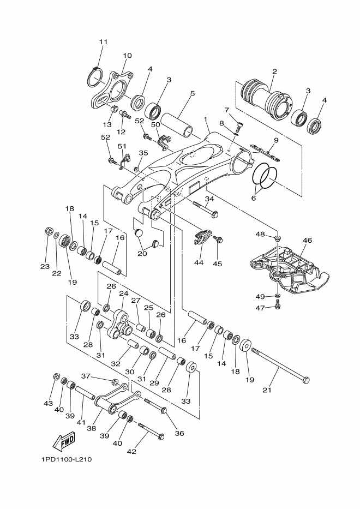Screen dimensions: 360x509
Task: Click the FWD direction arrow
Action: click(x=64, y=441)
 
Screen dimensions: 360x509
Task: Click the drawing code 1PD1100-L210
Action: click(x=67, y=459)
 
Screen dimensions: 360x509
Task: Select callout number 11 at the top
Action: click(x=103, y=42)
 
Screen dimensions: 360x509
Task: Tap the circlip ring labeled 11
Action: click(x=95, y=77)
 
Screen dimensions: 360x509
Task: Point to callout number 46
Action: click(x=307, y=241)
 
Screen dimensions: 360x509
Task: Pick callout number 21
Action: click(x=267, y=390)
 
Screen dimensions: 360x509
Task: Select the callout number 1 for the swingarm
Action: click(x=206, y=119)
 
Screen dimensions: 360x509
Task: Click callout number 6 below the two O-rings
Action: click(x=254, y=197)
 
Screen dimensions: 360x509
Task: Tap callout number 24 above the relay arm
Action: click(x=123, y=294)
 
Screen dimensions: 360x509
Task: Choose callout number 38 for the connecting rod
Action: click(x=92, y=428)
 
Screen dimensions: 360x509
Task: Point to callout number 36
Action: click(x=179, y=433)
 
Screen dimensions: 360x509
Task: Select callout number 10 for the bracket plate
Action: click(x=127, y=56)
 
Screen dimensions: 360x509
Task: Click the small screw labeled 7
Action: click(x=239, y=125)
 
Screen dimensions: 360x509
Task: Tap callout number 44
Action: click(x=199, y=262)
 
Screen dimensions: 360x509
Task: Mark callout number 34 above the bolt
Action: click(x=209, y=199)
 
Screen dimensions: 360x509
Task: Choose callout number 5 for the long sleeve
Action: click(x=193, y=93)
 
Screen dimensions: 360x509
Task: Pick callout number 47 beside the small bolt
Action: click(x=260, y=308)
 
